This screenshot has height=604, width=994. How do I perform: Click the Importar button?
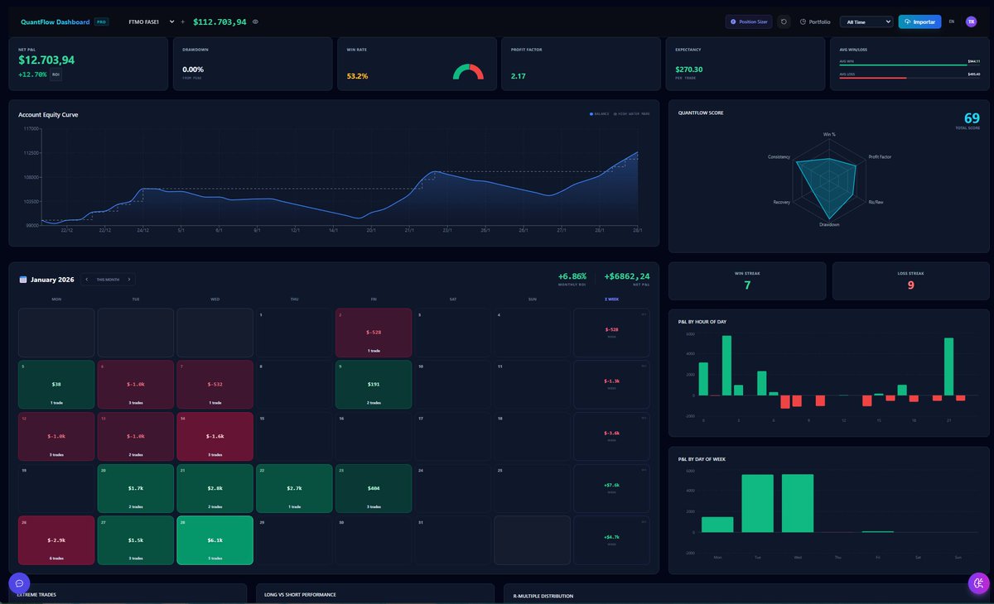click(x=919, y=22)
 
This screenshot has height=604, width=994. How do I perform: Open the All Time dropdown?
click(x=866, y=22)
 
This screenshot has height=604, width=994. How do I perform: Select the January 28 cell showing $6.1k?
click(x=215, y=540)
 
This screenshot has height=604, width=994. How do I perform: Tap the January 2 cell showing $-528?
click(x=374, y=333)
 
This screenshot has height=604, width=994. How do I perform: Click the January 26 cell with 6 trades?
click(x=55, y=540)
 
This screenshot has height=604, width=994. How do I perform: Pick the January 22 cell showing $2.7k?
click(x=294, y=488)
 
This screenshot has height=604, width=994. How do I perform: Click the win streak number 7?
click(x=747, y=285)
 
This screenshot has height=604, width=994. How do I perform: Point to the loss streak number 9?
click(x=910, y=285)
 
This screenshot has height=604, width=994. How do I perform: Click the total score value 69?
click(x=972, y=118)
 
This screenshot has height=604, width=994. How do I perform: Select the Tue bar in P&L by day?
click(x=757, y=503)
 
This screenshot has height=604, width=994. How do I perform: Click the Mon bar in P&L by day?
click(x=717, y=524)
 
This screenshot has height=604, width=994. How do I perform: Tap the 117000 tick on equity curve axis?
click(x=31, y=129)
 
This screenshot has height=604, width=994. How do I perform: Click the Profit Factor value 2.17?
click(x=519, y=76)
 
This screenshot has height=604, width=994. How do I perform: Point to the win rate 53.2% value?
click(x=357, y=76)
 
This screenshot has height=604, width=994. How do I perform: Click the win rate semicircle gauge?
click(x=468, y=73)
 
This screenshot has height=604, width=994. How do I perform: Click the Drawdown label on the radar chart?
click(x=829, y=224)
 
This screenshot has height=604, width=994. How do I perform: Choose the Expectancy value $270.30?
click(x=688, y=70)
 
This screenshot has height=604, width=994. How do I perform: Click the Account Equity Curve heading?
click(x=48, y=114)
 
